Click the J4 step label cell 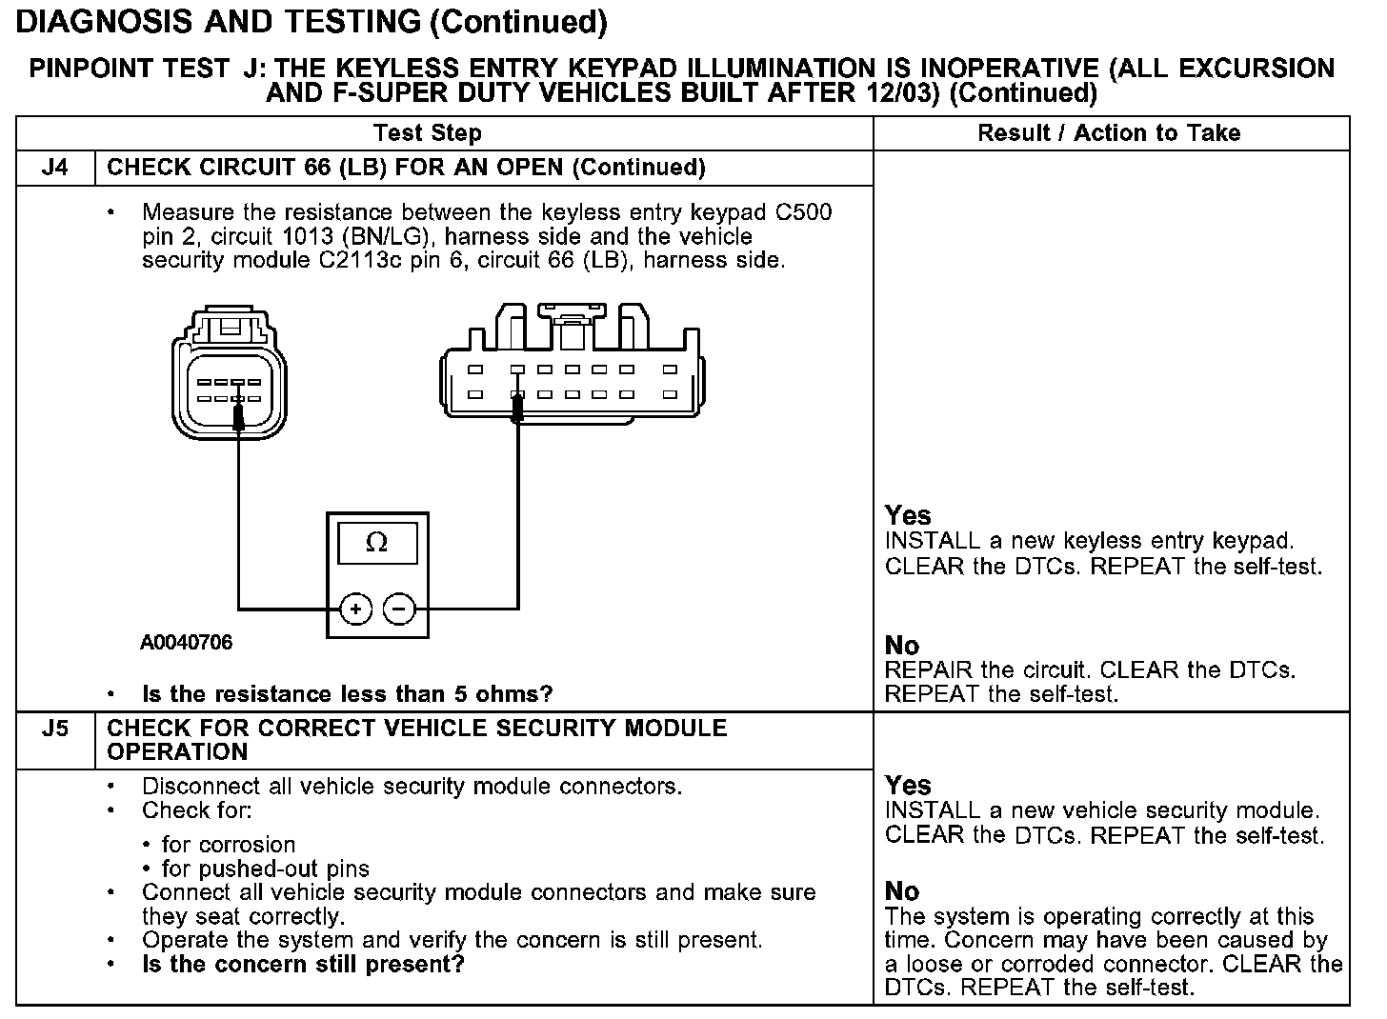(x=55, y=168)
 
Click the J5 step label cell (x=55, y=729)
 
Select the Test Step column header (x=428, y=133)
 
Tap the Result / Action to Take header (x=1109, y=133)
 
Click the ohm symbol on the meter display (x=377, y=543)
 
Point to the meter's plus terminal (x=355, y=609)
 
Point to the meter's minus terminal (x=400, y=609)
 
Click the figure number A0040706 (x=186, y=643)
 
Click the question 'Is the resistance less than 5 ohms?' (x=347, y=694)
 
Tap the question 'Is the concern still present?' (x=303, y=965)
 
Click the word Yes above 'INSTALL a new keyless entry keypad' (x=908, y=516)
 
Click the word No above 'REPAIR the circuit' (x=902, y=646)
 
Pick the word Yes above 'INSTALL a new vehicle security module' (x=908, y=786)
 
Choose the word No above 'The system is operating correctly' (x=902, y=891)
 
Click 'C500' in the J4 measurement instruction (x=804, y=212)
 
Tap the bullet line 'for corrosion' (x=229, y=845)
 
